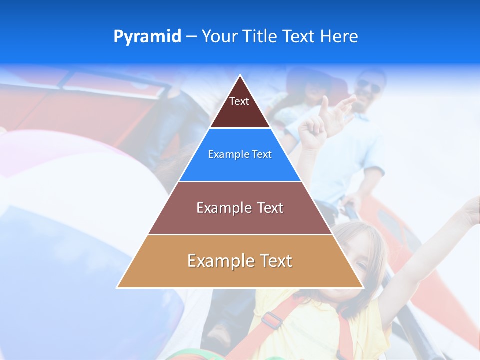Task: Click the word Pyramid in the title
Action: coord(147,37)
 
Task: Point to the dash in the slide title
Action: coord(191,37)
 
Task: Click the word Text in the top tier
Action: coord(239,101)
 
